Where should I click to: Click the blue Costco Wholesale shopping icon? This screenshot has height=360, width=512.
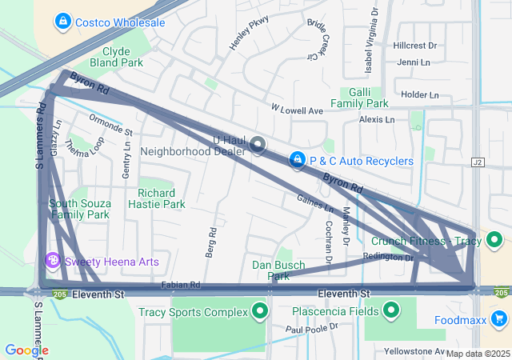click(x=63, y=22)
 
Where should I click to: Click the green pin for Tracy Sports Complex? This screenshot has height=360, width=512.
click(x=259, y=311)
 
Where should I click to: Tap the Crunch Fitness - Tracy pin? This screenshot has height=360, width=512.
click(x=495, y=240)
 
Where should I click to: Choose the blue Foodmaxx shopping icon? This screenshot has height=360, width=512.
click(x=500, y=319)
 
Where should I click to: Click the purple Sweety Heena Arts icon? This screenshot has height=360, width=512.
click(x=54, y=261)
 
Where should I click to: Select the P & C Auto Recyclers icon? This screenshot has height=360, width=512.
click(x=298, y=161)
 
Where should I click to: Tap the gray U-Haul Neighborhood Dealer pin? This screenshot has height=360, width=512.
click(x=258, y=145)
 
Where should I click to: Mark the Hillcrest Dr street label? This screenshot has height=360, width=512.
click(x=415, y=46)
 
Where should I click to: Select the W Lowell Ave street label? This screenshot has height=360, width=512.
click(x=296, y=109)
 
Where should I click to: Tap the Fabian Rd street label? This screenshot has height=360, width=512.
click(x=180, y=284)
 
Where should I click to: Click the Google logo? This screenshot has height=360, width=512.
click(x=26, y=350)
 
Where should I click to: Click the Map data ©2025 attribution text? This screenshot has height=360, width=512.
click(x=478, y=354)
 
